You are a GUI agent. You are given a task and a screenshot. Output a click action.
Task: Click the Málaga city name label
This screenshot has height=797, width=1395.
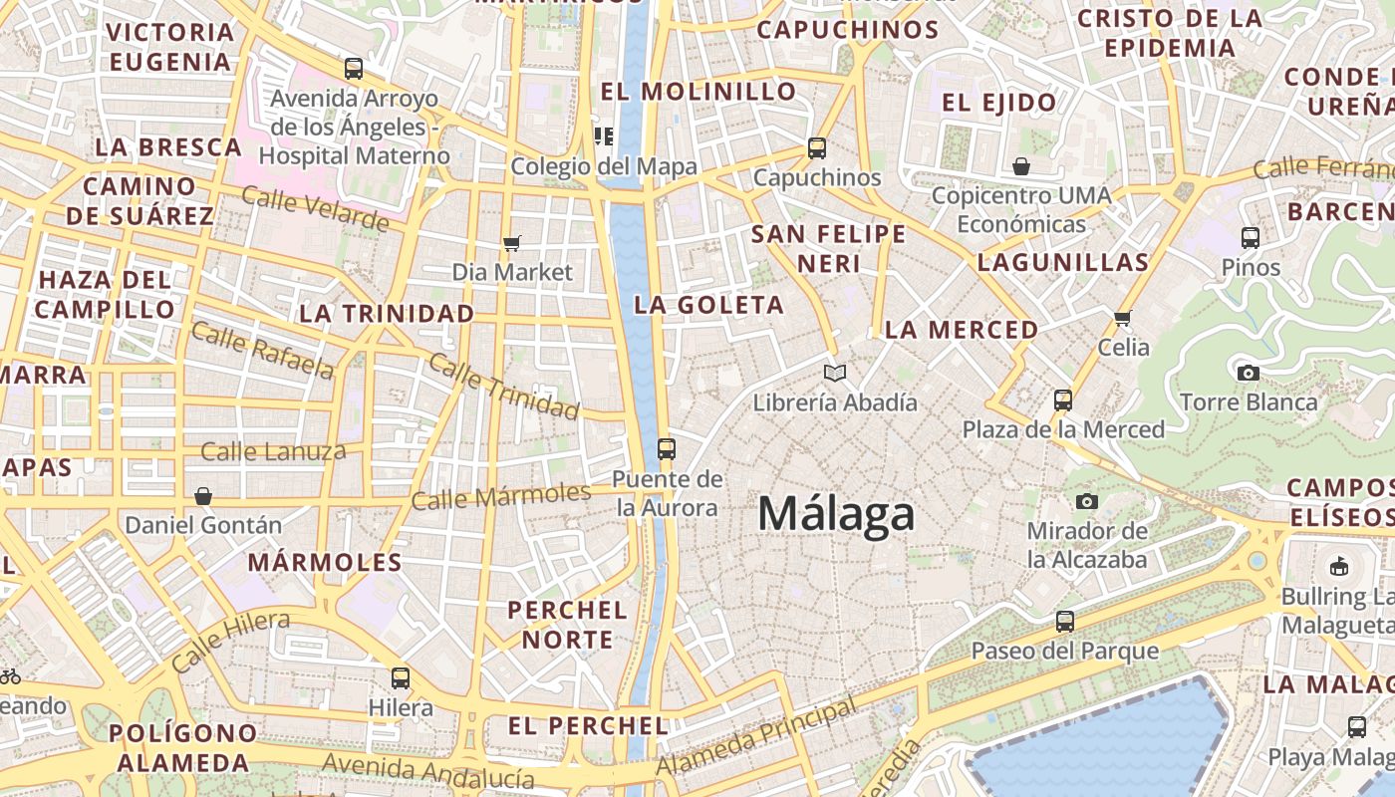point(836,514)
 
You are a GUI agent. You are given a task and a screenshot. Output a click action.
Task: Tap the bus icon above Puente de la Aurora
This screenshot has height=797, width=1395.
point(667,449)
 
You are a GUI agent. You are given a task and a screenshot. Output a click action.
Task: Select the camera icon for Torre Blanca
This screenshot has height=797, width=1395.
point(1248,374)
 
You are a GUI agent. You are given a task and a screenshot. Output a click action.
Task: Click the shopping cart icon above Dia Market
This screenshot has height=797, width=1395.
point(512,243)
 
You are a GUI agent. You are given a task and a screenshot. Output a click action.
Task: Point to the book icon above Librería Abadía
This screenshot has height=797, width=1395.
point(835,374)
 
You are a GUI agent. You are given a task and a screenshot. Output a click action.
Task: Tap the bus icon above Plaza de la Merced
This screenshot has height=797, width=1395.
point(1063,400)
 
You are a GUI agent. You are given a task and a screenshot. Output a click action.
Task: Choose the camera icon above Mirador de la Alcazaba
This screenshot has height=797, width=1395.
point(1087,501)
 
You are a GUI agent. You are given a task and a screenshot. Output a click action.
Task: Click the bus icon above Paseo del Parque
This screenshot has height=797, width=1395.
point(1065,622)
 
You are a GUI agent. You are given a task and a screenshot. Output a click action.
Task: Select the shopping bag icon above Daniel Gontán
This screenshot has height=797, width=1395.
point(203,495)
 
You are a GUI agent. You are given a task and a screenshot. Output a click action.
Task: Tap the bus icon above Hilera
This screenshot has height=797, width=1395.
point(401,678)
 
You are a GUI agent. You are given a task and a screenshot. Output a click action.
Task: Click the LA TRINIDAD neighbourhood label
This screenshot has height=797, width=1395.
point(387,314)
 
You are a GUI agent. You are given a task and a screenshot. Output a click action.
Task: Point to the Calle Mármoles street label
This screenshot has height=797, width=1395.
point(501,495)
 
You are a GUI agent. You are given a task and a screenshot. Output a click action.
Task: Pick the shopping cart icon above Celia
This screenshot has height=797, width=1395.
point(1123,319)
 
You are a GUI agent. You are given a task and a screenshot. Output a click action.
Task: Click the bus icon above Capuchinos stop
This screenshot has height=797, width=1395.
point(817,148)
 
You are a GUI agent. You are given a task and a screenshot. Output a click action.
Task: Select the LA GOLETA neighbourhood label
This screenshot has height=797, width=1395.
point(709,305)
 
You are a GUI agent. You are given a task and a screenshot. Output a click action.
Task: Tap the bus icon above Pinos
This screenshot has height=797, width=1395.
point(1251,238)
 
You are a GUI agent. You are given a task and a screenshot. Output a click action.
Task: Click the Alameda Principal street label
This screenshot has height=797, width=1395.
point(756,738)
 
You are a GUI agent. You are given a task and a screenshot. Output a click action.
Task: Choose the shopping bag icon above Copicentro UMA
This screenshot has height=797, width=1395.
point(1021,165)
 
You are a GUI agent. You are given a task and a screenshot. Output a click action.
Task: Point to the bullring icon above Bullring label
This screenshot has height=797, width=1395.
point(1339,568)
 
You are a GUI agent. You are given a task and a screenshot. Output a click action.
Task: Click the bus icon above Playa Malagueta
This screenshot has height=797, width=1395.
point(1357,727)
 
